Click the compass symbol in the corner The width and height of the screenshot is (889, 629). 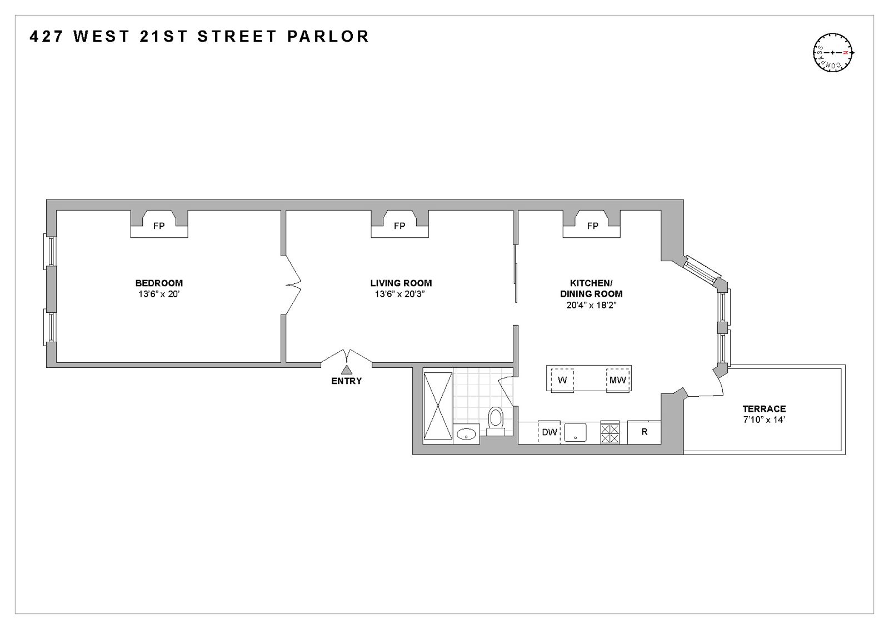pyautogui.click(x=833, y=53)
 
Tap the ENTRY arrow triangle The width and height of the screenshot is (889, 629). pyautogui.click(x=347, y=370)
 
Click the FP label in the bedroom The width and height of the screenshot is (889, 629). pyautogui.click(x=159, y=226)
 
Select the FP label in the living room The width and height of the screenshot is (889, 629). pyautogui.click(x=399, y=226)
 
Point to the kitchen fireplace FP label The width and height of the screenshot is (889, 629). pyautogui.click(x=592, y=226)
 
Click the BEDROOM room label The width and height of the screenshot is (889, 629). pyautogui.click(x=159, y=283)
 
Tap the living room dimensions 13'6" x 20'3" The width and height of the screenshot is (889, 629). pyautogui.click(x=399, y=294)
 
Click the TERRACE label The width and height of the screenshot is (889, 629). pyautogui.click(x=764, y=408)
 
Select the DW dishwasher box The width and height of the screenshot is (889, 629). pyautogui.click(x=549, y=432)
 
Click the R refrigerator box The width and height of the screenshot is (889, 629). pyautogui.click(x=644, y=432)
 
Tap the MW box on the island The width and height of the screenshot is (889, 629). pyautogui.click(x=618, y=381)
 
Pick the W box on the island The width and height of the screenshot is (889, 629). pyautogui.click(x=562, y=381)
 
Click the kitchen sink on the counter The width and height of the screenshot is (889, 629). pyautogui.click(x=575, y=432)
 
